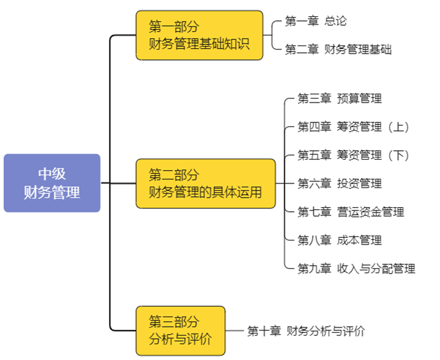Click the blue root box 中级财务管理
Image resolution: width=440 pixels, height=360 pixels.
[x=52, y=183]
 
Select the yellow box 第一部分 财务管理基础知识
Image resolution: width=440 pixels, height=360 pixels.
[x=199, y=35]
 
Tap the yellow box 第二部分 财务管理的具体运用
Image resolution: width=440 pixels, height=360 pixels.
[x=205, y=183]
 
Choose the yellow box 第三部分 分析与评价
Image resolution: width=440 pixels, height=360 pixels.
[x=180, y=331]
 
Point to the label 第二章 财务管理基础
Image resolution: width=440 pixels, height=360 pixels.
[x=337, y=50]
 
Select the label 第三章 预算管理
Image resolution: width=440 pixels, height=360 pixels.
[x=339, y=98]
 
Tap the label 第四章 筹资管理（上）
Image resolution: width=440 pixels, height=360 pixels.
[x=354, y=127]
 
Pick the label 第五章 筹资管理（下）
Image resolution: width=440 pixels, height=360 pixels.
[x=354, y=156]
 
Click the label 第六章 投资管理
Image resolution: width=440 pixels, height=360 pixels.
[x=339, y=183]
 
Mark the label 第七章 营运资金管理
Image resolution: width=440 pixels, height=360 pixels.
[x=350, y=212]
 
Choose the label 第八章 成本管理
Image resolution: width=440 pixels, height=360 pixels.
[x=339, y=240]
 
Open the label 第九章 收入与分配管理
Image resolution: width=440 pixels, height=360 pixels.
[x=356, y=268]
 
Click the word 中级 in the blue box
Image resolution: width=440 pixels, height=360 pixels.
[x=52, y=173]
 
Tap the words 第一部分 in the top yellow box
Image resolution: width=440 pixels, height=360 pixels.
[x=174, y=27]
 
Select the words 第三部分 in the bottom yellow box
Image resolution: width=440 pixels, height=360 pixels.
[x=174, y=322]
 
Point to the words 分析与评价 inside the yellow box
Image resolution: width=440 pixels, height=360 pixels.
[x=180, y=339]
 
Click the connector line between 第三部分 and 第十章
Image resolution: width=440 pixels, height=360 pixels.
[x=234, y=331]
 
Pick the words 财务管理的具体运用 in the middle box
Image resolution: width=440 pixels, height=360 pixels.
[x=205, y=192]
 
